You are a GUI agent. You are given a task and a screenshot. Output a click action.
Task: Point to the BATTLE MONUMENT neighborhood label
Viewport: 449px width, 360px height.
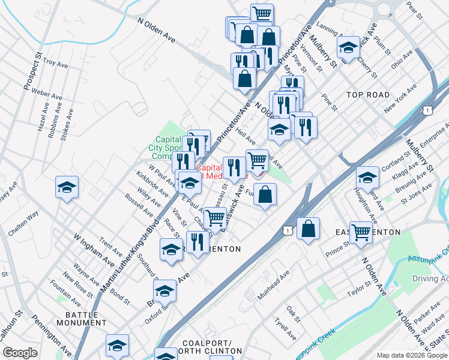[82, 319]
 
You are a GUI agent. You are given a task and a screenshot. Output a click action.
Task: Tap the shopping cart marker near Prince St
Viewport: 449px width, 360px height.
[361, 231]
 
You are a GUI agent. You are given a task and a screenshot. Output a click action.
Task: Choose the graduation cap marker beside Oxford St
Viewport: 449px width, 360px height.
[164, 291]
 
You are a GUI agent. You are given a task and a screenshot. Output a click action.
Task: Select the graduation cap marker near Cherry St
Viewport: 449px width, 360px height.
[348, 47]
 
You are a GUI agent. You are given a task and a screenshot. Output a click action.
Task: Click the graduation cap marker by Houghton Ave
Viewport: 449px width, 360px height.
[367, 177]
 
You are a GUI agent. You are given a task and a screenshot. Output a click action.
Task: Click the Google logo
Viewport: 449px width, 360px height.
[20, 353]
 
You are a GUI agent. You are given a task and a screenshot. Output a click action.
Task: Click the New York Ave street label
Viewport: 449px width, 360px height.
[401, 98]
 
